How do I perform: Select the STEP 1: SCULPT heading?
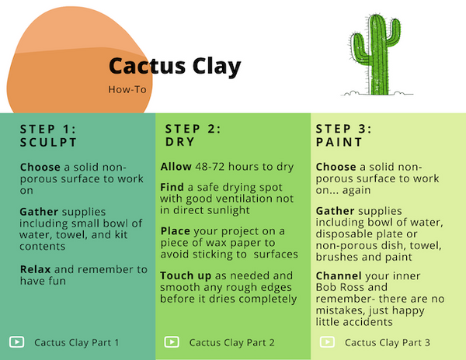click(x=48, y=136)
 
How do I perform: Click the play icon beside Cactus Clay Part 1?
click(x=16, y=341)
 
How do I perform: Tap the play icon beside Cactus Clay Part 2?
click(x=172, y=341)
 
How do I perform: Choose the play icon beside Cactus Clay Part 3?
click(x=327, y=341)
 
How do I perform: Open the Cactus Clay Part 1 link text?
click(x=77, y=342)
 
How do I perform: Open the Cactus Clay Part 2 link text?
click(x=232, y=342)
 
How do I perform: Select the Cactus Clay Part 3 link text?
click(x=388, y=342)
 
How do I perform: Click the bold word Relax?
click(x=37, y=269)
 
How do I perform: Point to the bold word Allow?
click(x=176, y=167)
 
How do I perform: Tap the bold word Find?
click(x=173, y=187)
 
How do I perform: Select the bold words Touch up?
click(x=184, y=275)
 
